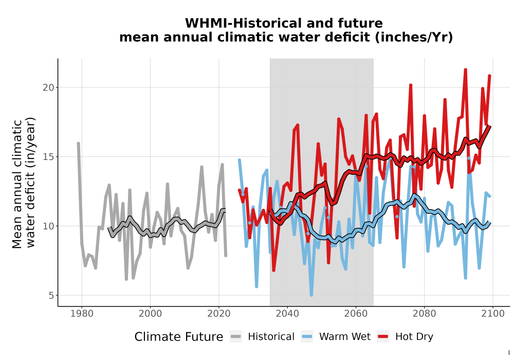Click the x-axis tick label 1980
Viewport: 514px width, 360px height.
coord(82,314)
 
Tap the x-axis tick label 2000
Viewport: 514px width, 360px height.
coord(150,314)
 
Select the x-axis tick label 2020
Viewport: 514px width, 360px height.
coord(218,314)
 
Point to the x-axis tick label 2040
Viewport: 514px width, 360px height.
coord(287,314)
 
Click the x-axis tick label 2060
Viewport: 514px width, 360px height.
coord(356,314)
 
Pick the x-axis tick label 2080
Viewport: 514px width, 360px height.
coord(424,314)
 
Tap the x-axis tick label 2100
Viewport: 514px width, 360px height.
coord(493,314)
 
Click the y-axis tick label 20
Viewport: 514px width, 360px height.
coord(48,87)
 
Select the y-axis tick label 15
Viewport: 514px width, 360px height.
coord(48,157)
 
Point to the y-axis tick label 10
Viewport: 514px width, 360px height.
coord(48,226)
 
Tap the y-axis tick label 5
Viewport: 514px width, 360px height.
coord(51,295)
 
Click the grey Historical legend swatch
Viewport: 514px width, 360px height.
coord(236,337)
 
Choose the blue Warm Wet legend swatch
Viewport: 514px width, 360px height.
coord(307,337)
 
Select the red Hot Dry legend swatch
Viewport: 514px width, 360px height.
coord(383,337)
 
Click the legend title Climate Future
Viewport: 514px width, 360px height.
coord(179,337)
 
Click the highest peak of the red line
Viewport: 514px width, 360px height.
coord(465,70)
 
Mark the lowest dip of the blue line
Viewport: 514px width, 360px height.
coord(311,295)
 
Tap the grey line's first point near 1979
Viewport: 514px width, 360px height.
coord(78,143)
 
